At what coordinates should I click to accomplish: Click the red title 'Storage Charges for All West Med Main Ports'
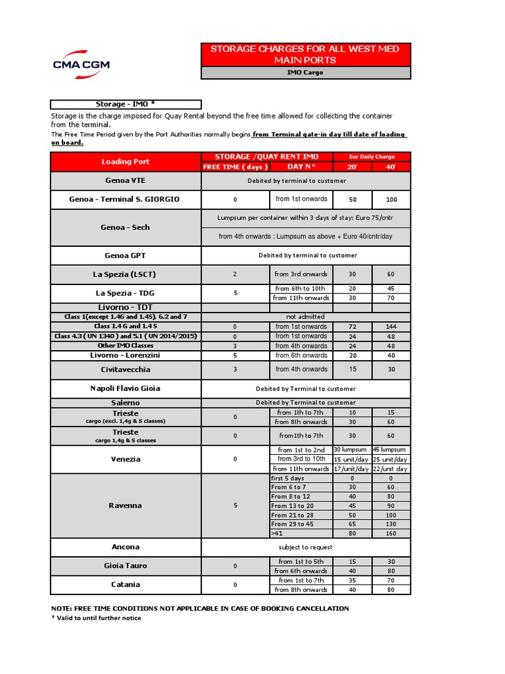point(305,55)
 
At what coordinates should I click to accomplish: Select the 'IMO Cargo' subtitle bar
point(305,72)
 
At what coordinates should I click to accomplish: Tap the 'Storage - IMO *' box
point(126,104)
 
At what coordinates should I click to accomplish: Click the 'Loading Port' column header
point(126,161)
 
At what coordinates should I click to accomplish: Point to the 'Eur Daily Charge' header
point(372,157)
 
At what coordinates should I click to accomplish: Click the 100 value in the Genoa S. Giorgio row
point(391,199)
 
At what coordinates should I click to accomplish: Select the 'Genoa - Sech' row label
point(126,227)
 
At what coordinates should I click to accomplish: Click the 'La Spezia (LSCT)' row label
point(126,274)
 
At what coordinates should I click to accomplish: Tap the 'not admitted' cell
point(306,317)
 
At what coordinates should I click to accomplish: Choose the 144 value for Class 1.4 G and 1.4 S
point(391,326)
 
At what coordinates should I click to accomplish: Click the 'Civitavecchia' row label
point(126,369)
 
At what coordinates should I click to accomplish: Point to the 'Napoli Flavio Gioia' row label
point(126,388)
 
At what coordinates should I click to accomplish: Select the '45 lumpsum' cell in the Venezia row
point(391,450)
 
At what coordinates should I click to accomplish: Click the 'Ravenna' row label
point(126,505)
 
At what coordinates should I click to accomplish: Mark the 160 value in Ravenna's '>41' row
point(391,534)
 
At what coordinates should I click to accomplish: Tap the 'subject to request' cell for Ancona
point(306,547)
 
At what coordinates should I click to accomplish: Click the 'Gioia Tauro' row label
point(126,566)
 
